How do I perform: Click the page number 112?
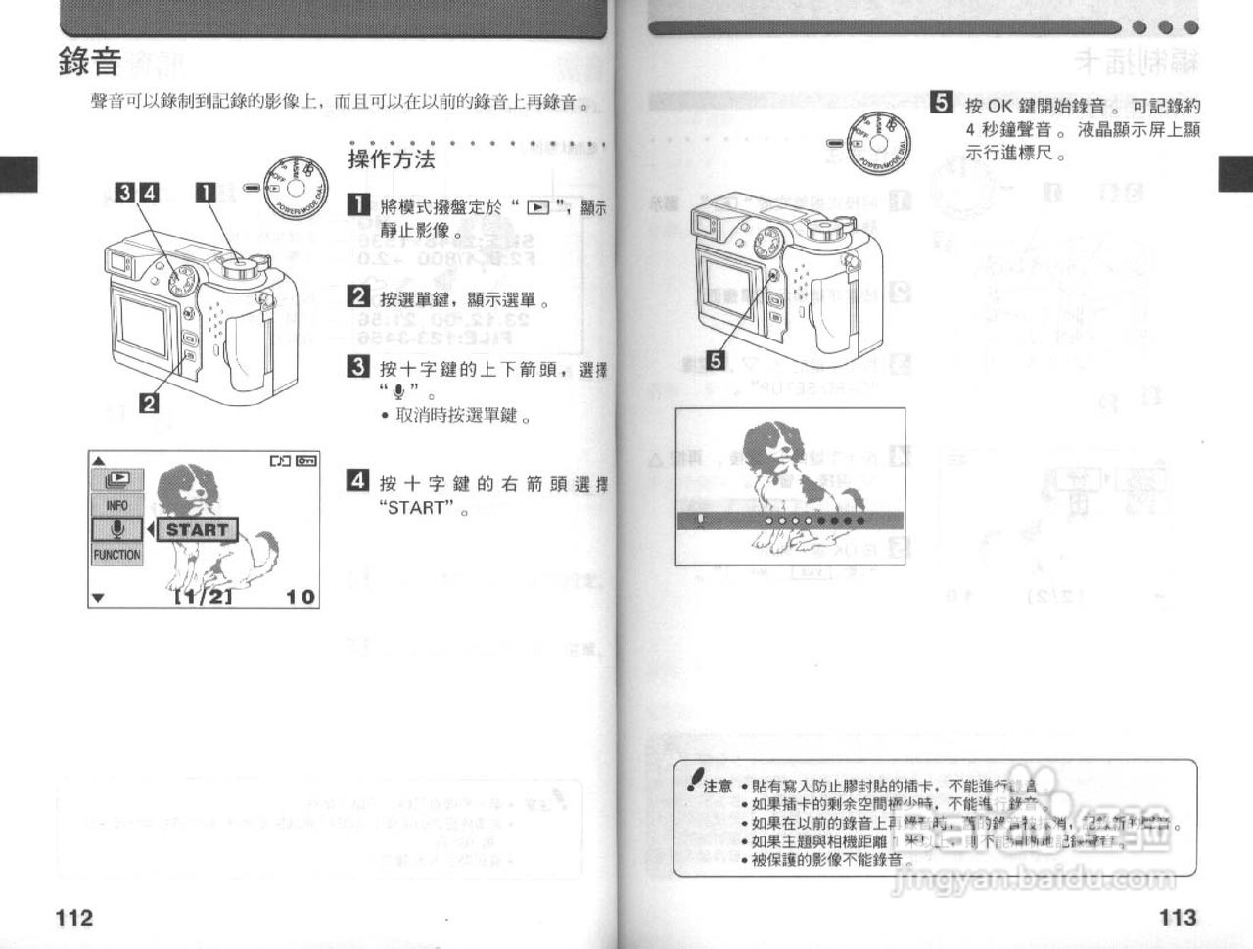74,917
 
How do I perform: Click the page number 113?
1178,917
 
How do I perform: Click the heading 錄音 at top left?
90,63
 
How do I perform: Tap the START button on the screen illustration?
197,530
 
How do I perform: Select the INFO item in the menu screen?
117,505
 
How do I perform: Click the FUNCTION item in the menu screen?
117,555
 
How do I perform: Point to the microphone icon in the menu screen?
117,529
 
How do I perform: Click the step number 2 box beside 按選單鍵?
359,296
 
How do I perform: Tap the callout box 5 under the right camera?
717,361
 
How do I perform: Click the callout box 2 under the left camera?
149,400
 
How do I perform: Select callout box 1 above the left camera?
206,192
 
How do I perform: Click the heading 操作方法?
392,159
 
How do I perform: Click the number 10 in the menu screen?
301,596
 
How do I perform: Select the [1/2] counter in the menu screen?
203,596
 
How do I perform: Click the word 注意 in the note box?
718,786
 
